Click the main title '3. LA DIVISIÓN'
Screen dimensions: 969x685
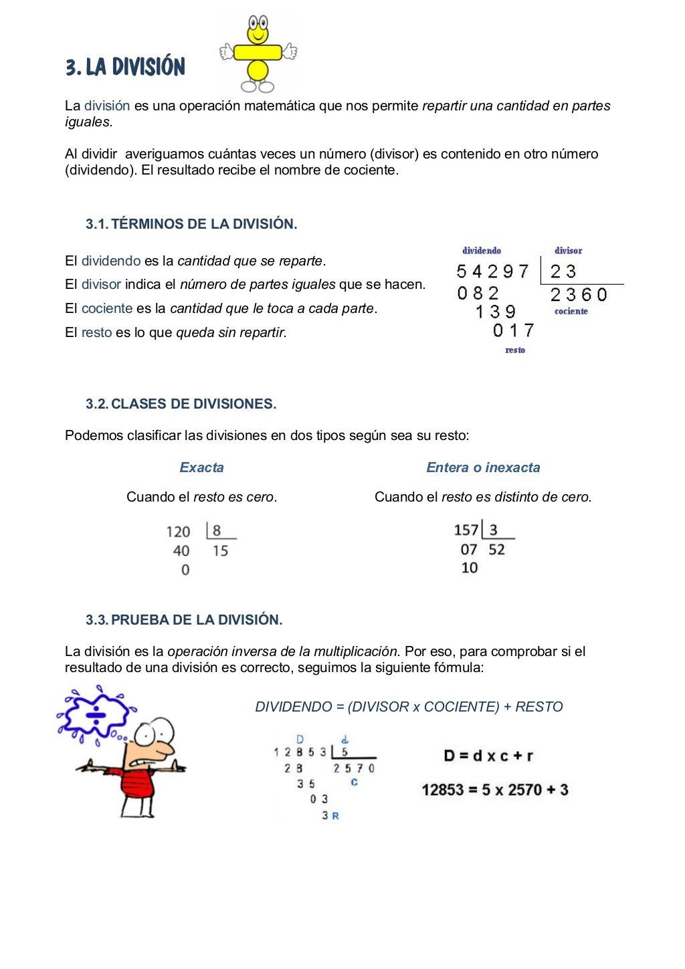click(x=125, y=67)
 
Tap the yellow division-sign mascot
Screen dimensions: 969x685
click(x=258, y=53)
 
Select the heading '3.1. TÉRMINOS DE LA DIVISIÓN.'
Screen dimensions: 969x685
click(x=191, y=224)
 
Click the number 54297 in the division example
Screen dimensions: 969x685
click(x=493, y=272)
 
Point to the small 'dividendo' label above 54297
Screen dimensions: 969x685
click(x=482, y=251)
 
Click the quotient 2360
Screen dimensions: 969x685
click(x=579, y=295)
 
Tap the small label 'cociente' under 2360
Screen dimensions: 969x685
click(x=571, y=312)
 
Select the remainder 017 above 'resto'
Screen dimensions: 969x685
click(x=514, y=330)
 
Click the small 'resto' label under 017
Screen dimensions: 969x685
click(x=515, y=350)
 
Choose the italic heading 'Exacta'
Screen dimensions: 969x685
click(x=201, y=467)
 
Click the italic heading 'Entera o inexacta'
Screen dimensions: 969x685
click(x=483, y=467)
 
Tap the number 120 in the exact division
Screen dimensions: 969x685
click(x=179, y=532)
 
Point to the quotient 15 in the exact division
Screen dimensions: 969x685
click(x=221, y=551)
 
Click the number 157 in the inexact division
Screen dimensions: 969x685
click(x=466, y=530)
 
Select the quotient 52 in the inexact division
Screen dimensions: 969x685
click(x=496, y=550)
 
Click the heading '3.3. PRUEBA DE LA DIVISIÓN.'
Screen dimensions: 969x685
click(x=184, y=620)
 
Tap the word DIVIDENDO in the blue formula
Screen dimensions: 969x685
click(x=294, y=707)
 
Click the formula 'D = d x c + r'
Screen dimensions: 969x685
click(x=488, y=756)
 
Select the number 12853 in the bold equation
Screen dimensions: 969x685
click(x=442, y=790)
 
